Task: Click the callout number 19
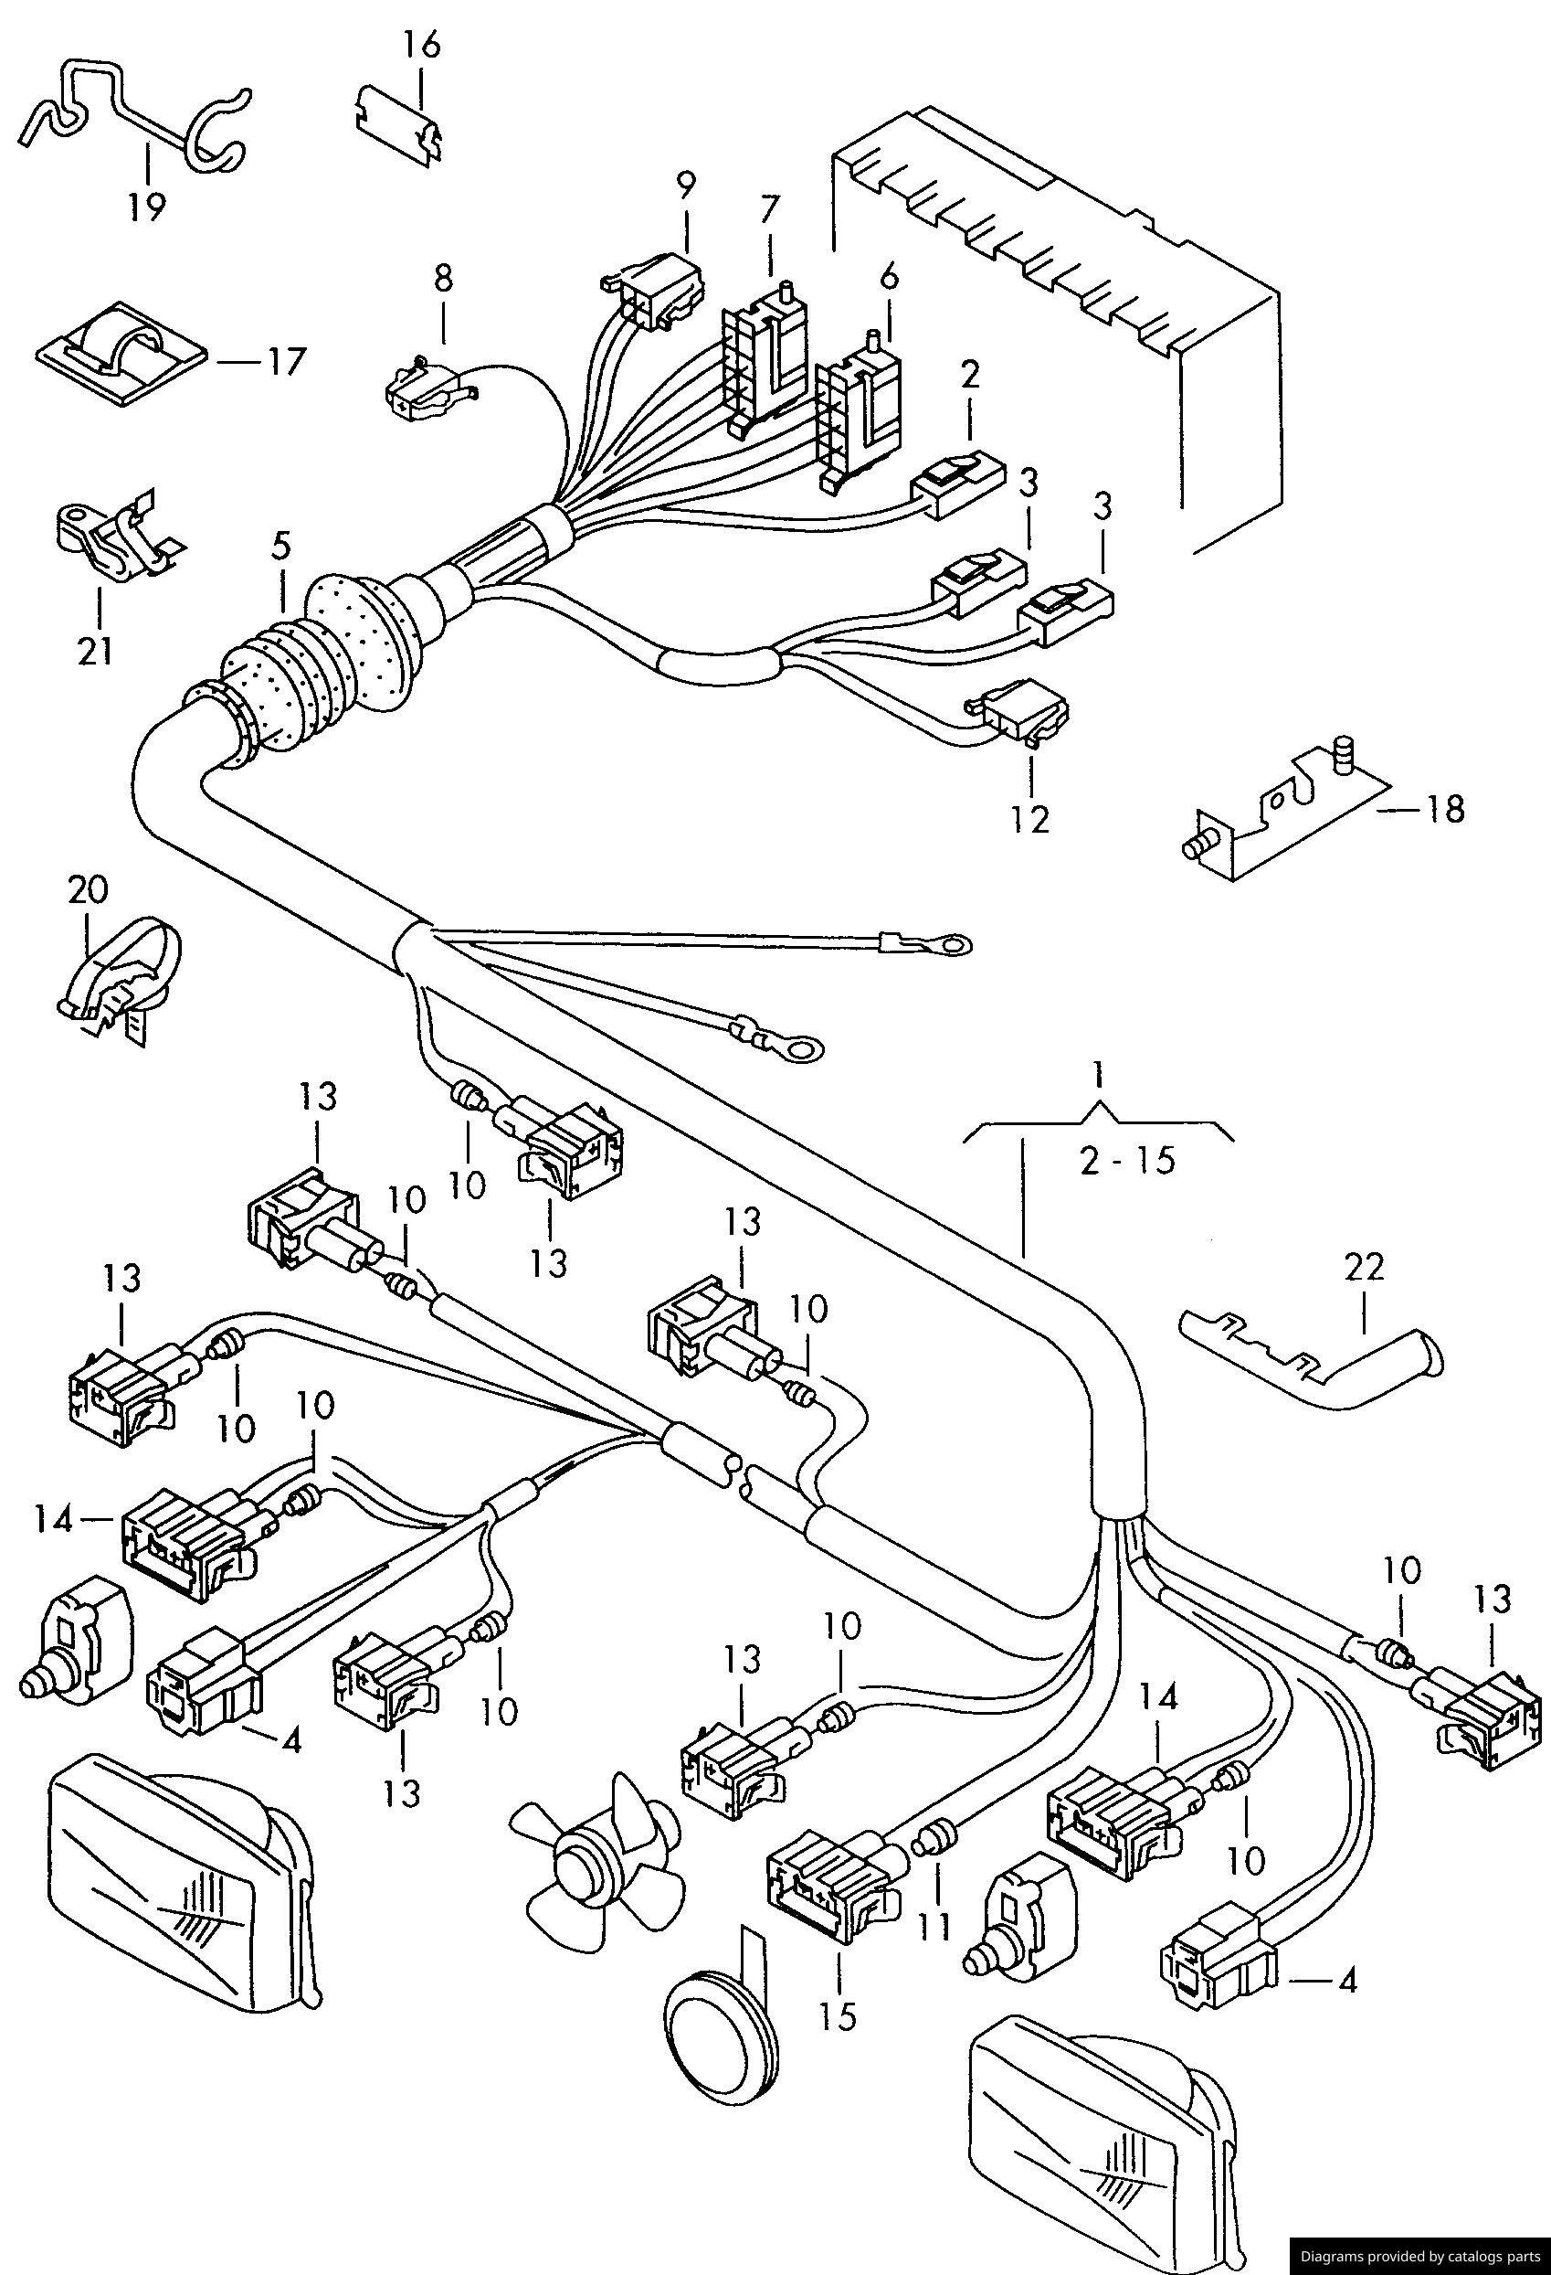[146, 207]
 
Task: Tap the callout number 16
[422, 45]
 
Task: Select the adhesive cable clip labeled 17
[120, 355]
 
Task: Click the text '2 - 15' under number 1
[1126, 1161]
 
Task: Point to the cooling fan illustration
[595, 1850]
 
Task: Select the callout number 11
[934, 1928]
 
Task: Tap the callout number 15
[839, 2016]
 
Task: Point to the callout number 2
[969, 374]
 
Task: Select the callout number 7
[770, 208]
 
